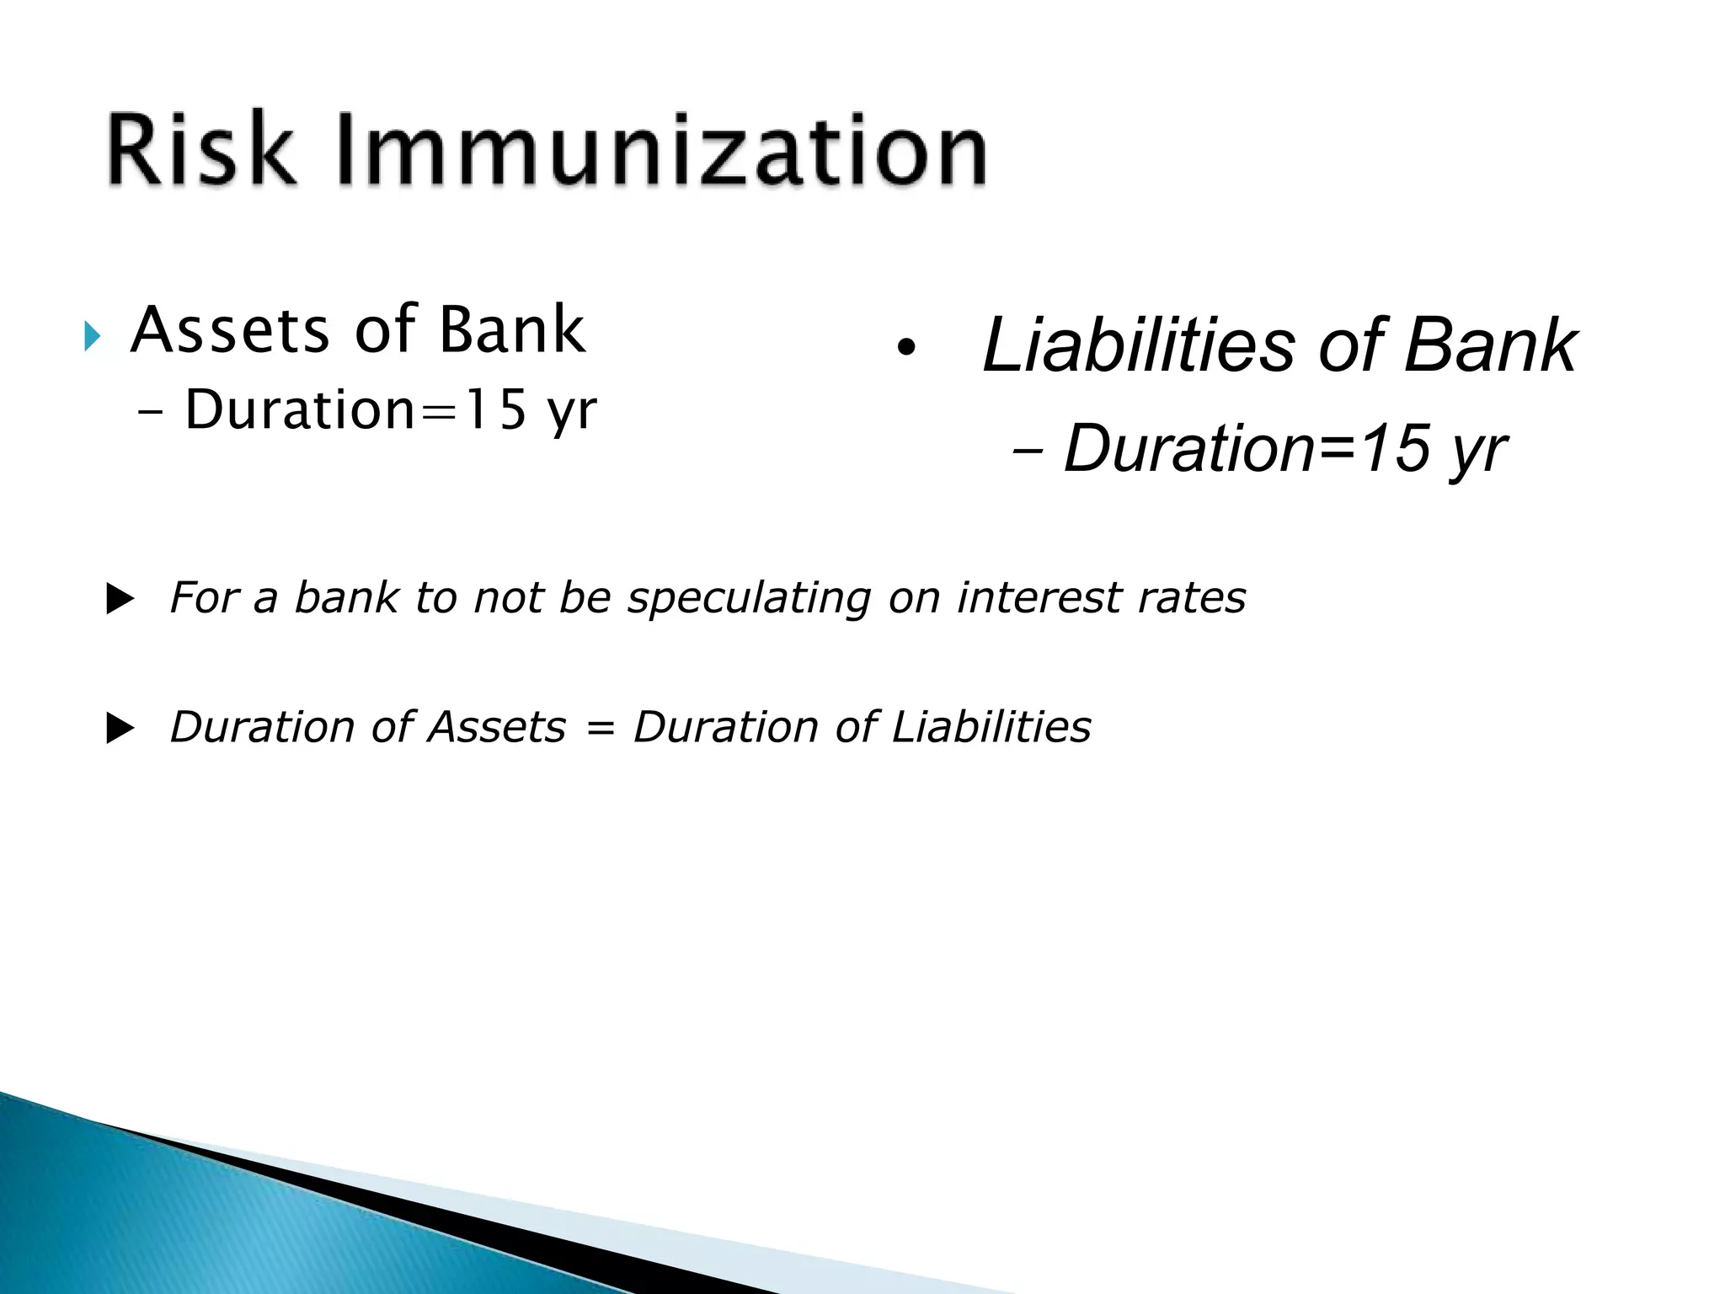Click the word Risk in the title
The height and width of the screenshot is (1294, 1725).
[x=202, y=152]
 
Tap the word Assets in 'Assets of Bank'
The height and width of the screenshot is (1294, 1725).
[x=230, y=330]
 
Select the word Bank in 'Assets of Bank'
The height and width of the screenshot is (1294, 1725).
[x=511, y=330]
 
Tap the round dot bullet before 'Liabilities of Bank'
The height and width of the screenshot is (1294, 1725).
[x=905, y=348]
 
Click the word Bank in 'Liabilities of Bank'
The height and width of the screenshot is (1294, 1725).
[x=1489, y=345]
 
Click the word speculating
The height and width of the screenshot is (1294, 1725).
[x=749, y=599]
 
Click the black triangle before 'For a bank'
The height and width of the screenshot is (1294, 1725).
[x=120, y=601]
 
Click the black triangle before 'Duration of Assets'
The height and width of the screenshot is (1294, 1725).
[x=120, y=730]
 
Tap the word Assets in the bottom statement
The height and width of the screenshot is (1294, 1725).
[x=497, y=727]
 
